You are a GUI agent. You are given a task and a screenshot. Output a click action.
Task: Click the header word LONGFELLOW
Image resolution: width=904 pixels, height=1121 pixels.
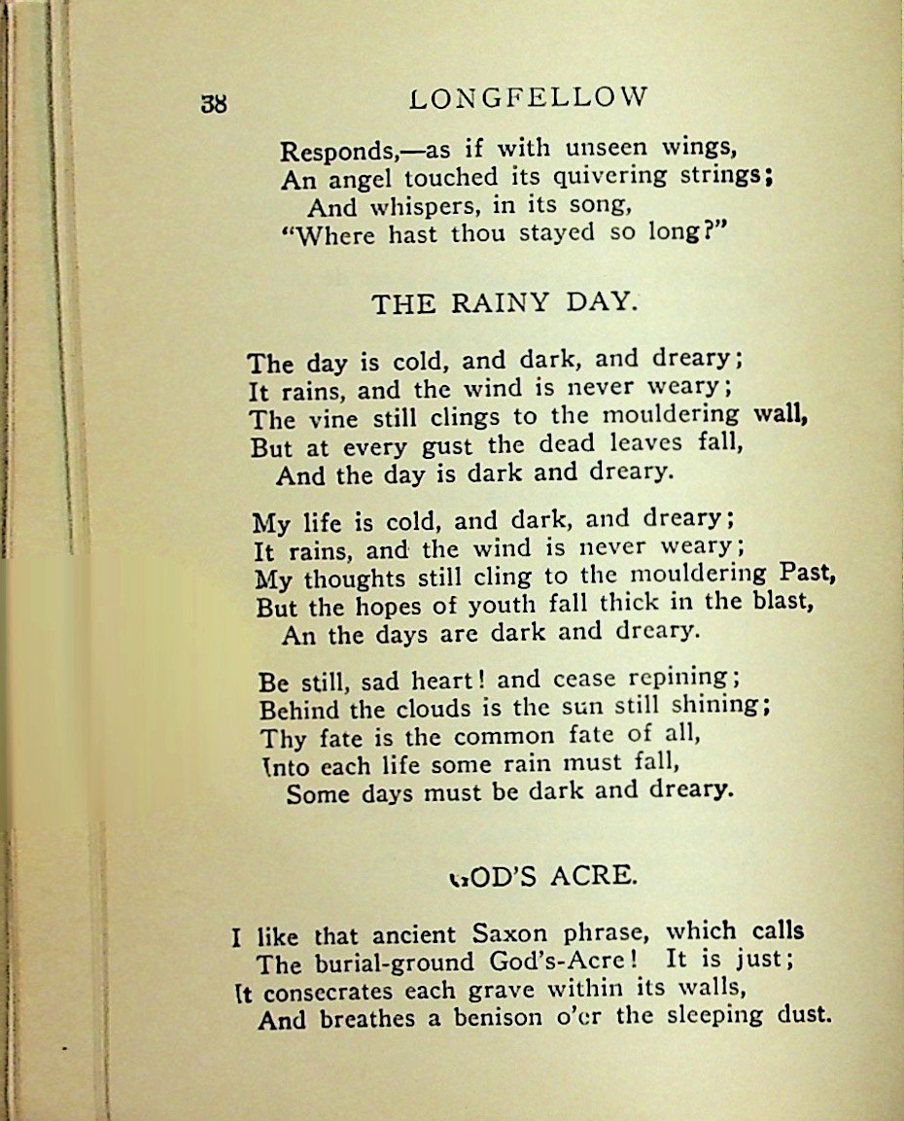coord(529,97)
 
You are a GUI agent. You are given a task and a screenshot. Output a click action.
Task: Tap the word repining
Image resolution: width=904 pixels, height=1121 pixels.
coord(679,676)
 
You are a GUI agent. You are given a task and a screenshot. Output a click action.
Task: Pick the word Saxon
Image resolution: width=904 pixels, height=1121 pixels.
coord(510,935)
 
